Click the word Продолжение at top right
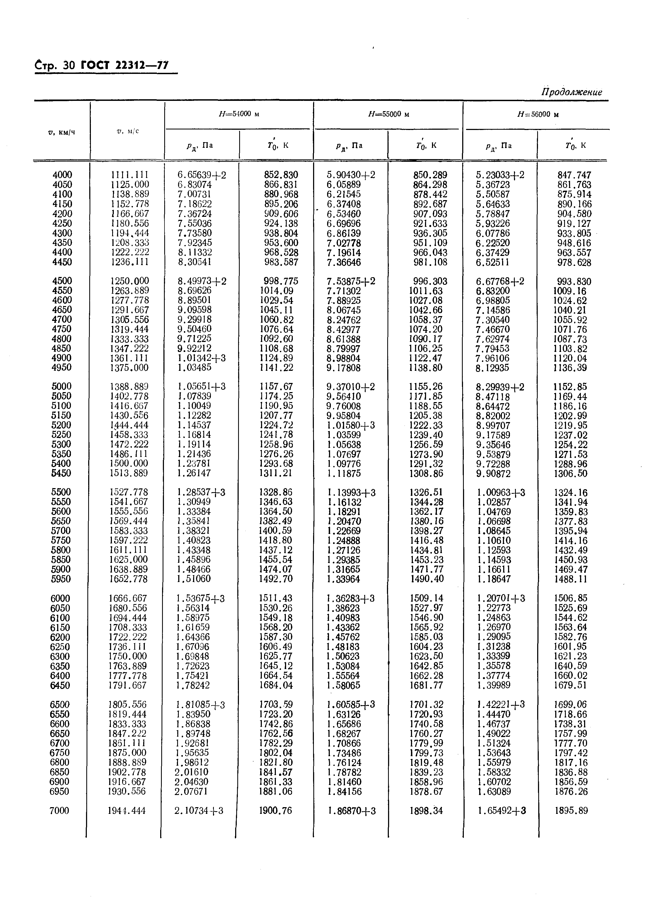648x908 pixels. click(571, 92)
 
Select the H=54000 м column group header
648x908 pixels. click(239, 114)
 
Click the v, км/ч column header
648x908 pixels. click(61, 132)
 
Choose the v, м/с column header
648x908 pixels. click(128, 131)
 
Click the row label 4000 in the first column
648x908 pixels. click(62, 175)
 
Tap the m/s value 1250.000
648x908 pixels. click(129, 281)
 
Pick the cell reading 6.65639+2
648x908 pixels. click(201, 175)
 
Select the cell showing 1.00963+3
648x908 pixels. click(501, 493)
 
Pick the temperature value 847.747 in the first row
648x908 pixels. click(574, 175)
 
